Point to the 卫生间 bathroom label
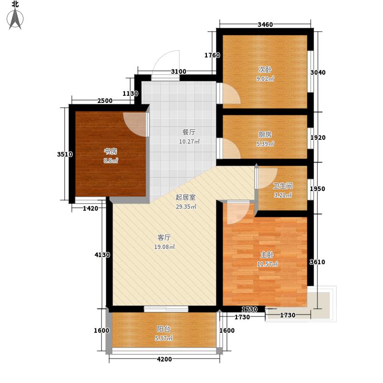click(x=282, y=186)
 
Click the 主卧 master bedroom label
click(x=267, y=255)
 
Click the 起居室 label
click(x=185, y=197)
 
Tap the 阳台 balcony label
click(x=163, y=329)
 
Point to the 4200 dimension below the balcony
click(x=164, y=360)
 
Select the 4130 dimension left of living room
click(x=102, y=255)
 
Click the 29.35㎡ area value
click(x=186, y=207)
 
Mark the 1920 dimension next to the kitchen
click(x=318, y=138)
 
